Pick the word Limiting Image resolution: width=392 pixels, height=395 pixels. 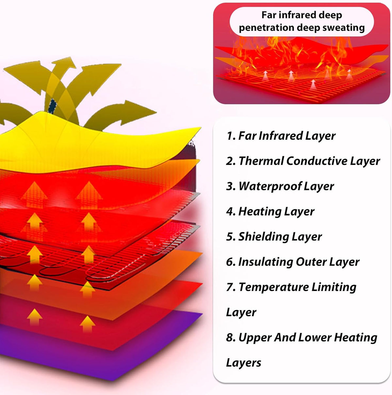tap(334, 287)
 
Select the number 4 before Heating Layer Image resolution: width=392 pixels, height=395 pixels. tap(229, 212)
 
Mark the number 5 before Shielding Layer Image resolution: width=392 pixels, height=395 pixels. tap(229, 237)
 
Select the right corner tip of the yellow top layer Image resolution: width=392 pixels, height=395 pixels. tap(201, 128)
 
